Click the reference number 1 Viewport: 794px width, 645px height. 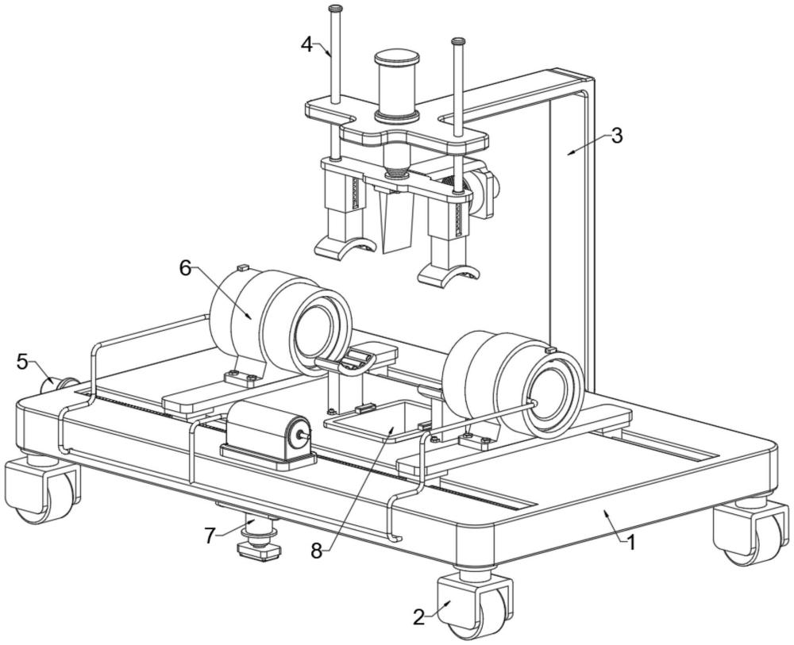coord(630,543)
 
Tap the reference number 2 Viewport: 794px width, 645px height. coord(418,617)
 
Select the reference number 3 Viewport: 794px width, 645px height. coord(616,136)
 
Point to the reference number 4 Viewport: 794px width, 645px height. coord(306,45)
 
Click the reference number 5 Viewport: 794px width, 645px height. coord(23,361)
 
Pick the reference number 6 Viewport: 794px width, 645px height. coord(185,269)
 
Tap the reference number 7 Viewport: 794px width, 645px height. coord(210,536)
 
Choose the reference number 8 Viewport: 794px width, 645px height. coord(317,551)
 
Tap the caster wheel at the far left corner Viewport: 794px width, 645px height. coord(40,488)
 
